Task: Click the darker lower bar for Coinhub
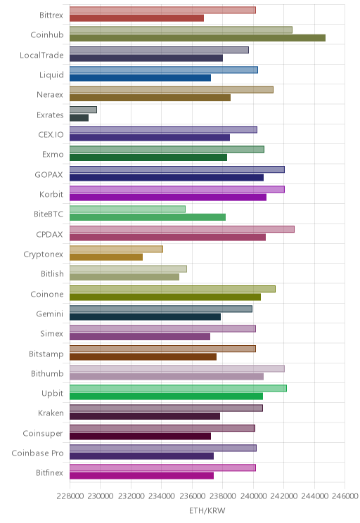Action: (198, 38)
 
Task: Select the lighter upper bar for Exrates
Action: (83, 110)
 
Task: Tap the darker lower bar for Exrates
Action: (79, 117)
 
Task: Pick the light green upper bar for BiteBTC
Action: (127, 209)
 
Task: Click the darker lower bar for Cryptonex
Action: (106, 257)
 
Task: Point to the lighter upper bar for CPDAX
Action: (182, 229)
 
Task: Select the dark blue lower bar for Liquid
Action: (140, 78)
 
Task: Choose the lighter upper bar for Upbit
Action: (178, 388)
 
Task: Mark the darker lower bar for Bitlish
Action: (124, 277)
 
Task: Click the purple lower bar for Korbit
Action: (168, 197)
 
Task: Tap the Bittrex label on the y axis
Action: (51, 15)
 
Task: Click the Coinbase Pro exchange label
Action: (37, 453)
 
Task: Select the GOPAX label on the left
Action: (49, 174)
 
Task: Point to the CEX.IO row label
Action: (51, 134)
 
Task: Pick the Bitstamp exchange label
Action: (46, 354)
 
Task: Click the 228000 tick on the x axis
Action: (70, 496)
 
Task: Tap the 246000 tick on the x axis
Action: (345, 496)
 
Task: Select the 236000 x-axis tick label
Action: (192, 496)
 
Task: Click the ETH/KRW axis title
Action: (207, 510)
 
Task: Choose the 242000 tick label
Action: (284, 496)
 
